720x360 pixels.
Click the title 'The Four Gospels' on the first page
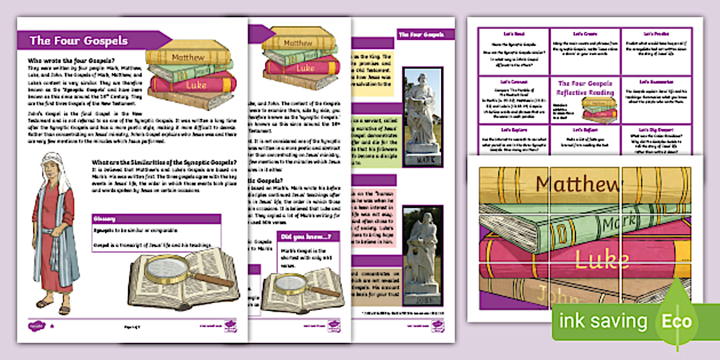(78, 41)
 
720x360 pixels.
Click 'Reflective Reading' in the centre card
(585, 92)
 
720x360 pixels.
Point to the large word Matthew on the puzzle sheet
(578, 185)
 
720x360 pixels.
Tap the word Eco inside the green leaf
(678, 321)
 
